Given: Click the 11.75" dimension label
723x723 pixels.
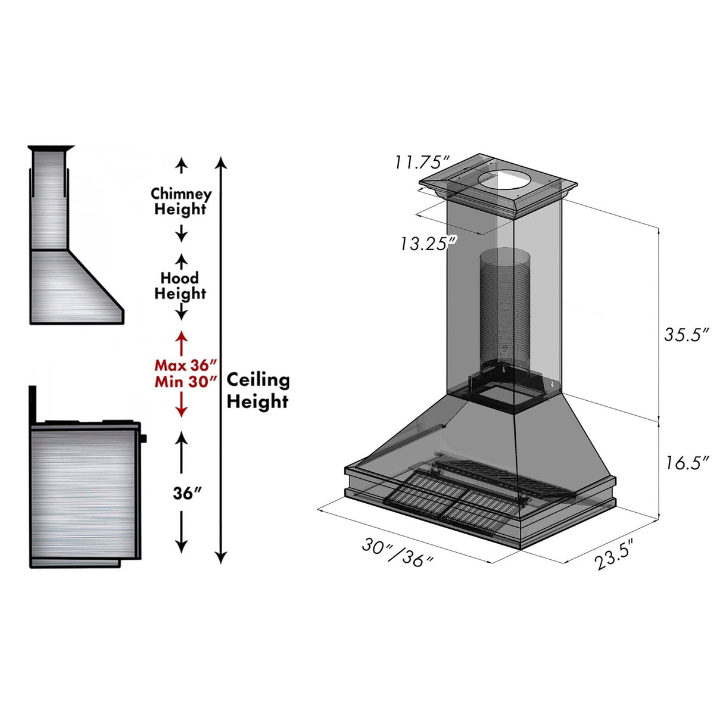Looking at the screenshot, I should click(x=420, y=162).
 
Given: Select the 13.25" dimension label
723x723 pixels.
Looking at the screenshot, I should click(x=428, y=243).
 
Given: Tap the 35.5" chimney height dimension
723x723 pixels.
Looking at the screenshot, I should click(x=687, y=335).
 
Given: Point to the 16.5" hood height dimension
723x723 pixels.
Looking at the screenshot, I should click(x=687, y=462).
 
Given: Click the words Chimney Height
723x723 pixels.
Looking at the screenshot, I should click(x=180, y=201).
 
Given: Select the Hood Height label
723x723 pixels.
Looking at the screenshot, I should click(x=180, y=286).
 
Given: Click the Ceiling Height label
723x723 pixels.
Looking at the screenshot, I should click(x=258, y=391).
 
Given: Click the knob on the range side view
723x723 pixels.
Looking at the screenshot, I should click(x=144, y=439).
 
